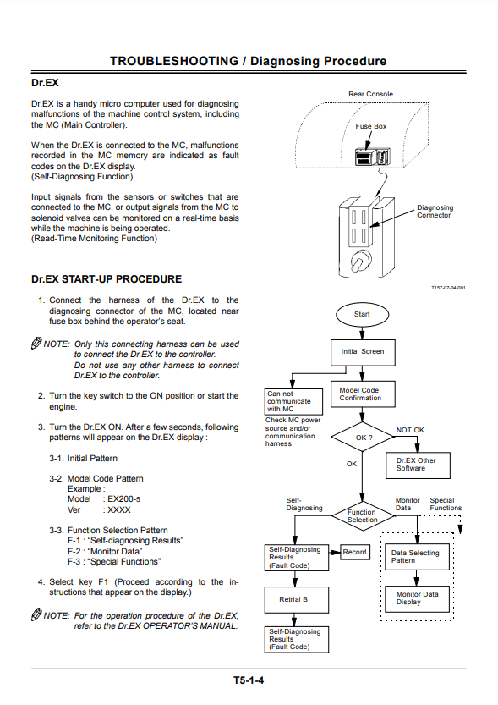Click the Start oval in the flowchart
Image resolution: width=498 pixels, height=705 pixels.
click(362, 314)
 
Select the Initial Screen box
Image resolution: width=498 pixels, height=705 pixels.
click(363, 352)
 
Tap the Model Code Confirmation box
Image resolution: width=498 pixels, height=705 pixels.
click(363, 394)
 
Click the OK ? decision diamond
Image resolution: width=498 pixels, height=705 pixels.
click(363, 437)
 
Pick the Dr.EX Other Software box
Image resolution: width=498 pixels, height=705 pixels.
click(418, 465)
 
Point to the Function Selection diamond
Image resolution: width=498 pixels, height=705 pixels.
click(363, 515)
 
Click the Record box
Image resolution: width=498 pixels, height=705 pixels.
click(355, 552)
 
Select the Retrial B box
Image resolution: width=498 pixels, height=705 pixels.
click(297, 600)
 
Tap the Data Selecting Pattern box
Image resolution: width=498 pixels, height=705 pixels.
click(417, 557)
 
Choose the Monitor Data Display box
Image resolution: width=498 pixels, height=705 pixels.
click(417, 599)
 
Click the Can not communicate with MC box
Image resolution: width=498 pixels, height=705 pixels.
click(293, 401)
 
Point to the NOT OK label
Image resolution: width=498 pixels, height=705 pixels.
click(410, 430)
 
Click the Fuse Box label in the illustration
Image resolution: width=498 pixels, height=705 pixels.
click(371, 126)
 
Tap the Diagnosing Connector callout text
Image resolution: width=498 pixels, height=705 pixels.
click(435, 212)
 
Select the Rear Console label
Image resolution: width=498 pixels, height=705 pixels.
click(370, 94)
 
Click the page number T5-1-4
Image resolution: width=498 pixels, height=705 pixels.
click(249, 680)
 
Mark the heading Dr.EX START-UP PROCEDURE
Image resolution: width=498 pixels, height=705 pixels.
click(107, 279)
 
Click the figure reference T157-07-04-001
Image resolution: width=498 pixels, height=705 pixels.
click(448, 288)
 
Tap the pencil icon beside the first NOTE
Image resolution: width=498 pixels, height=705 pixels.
click(36, 343)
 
